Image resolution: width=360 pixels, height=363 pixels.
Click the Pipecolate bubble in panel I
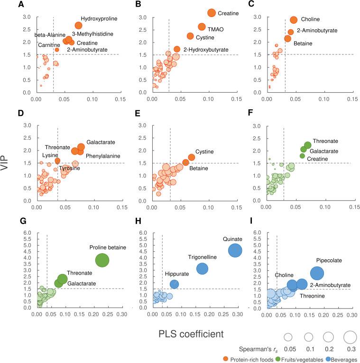click(x=317, y=273)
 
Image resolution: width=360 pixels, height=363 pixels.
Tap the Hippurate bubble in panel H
click(x=174, y=284)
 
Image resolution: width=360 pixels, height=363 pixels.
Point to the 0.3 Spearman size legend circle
click(x=350, y=337)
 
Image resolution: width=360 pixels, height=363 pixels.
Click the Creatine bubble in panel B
click(x=212, y=13)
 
